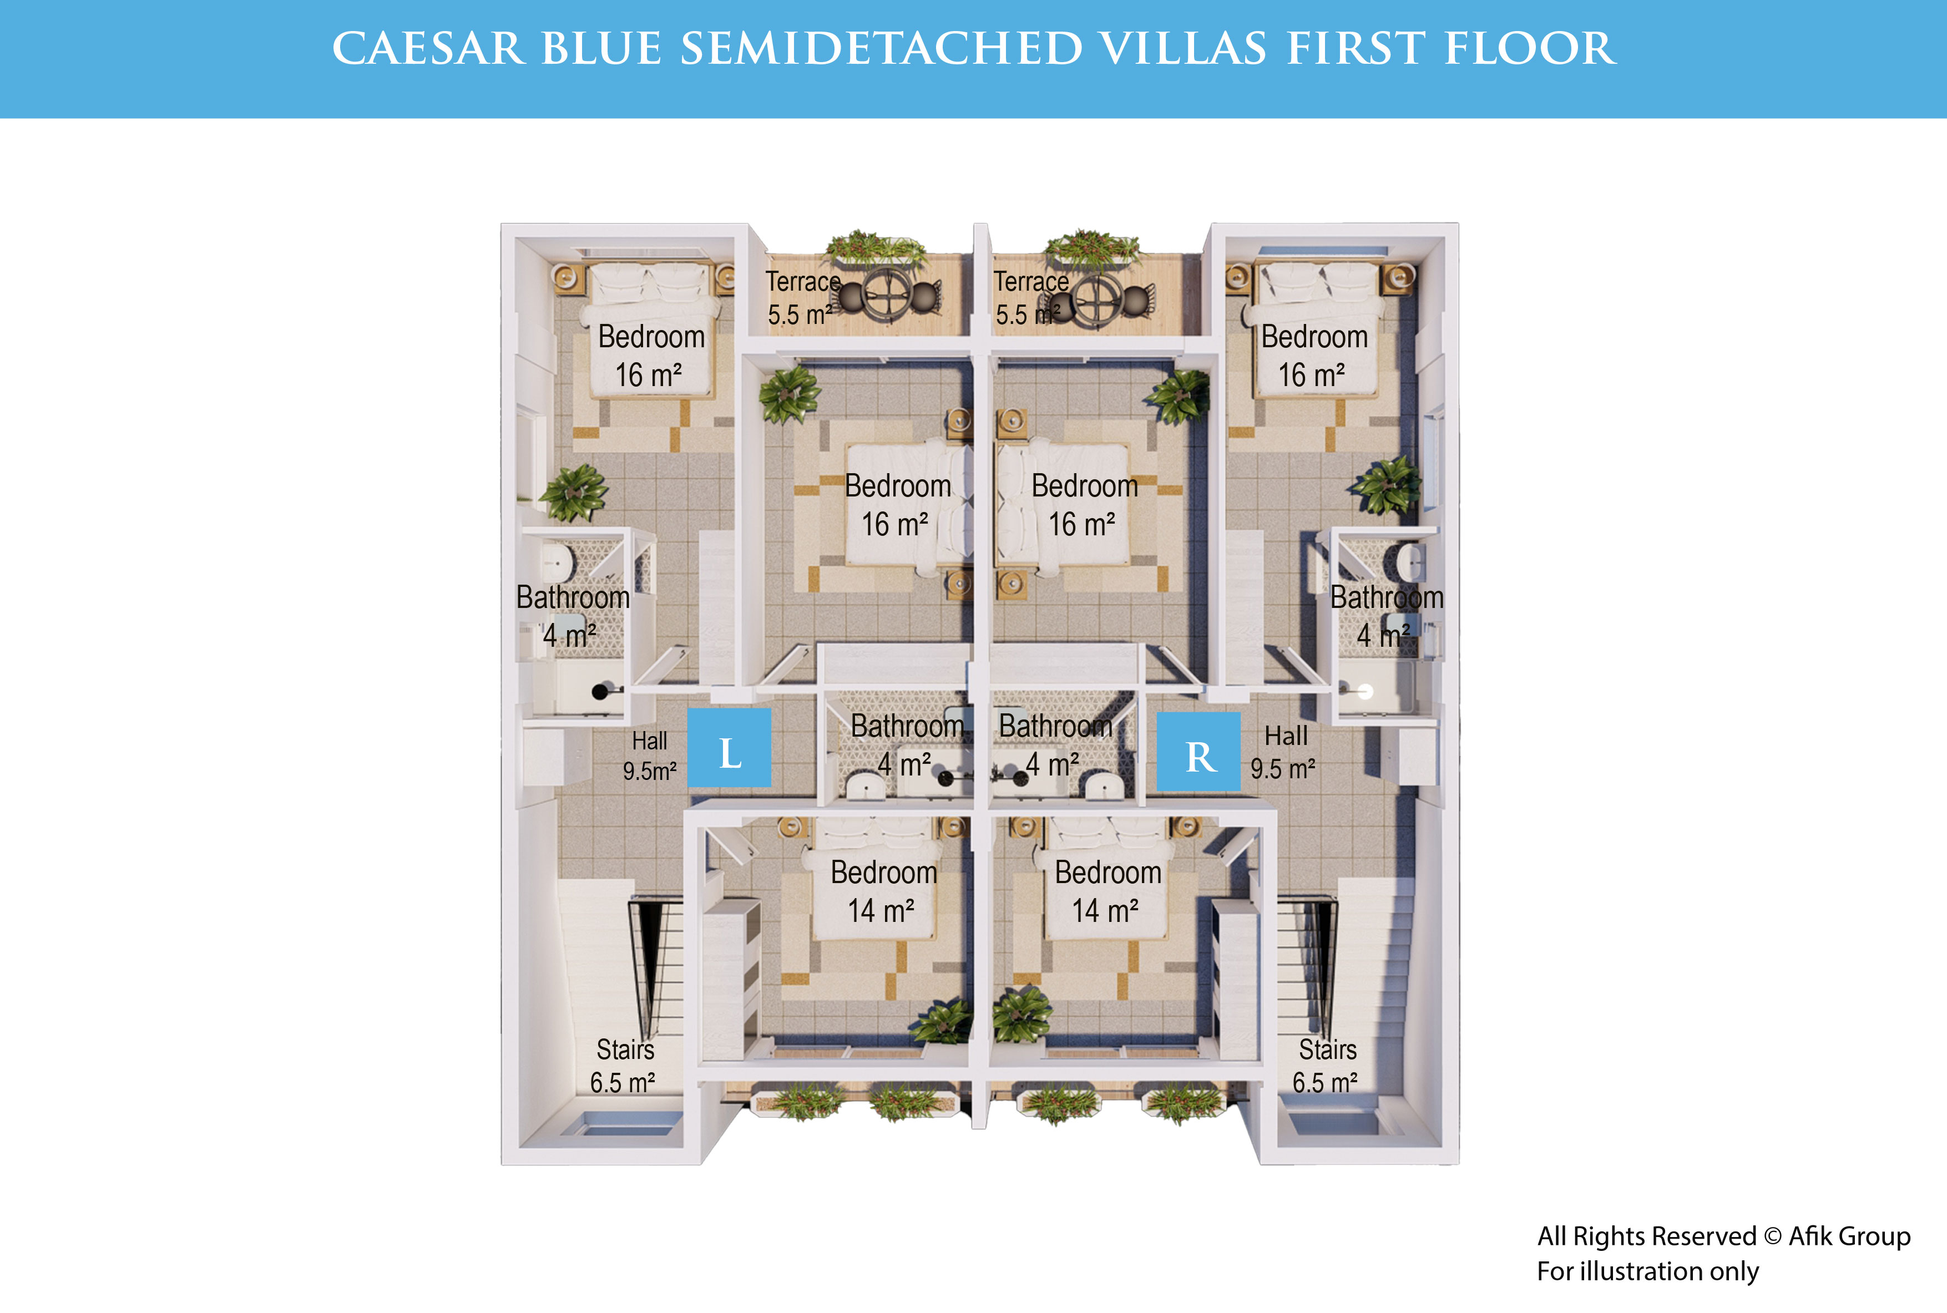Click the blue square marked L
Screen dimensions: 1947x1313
[730, 748]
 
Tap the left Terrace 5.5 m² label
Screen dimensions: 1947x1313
[802, 298]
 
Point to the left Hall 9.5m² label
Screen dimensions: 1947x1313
[650, 756]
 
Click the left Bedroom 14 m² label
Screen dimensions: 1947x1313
[883, 891]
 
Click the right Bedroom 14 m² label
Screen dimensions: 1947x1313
[1107, 891]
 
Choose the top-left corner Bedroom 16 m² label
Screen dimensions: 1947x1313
[651, 355]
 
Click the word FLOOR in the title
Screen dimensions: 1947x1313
[1530, 49]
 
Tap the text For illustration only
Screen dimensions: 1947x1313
[1647, 1271]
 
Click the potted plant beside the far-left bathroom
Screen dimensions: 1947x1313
[574, 493]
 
